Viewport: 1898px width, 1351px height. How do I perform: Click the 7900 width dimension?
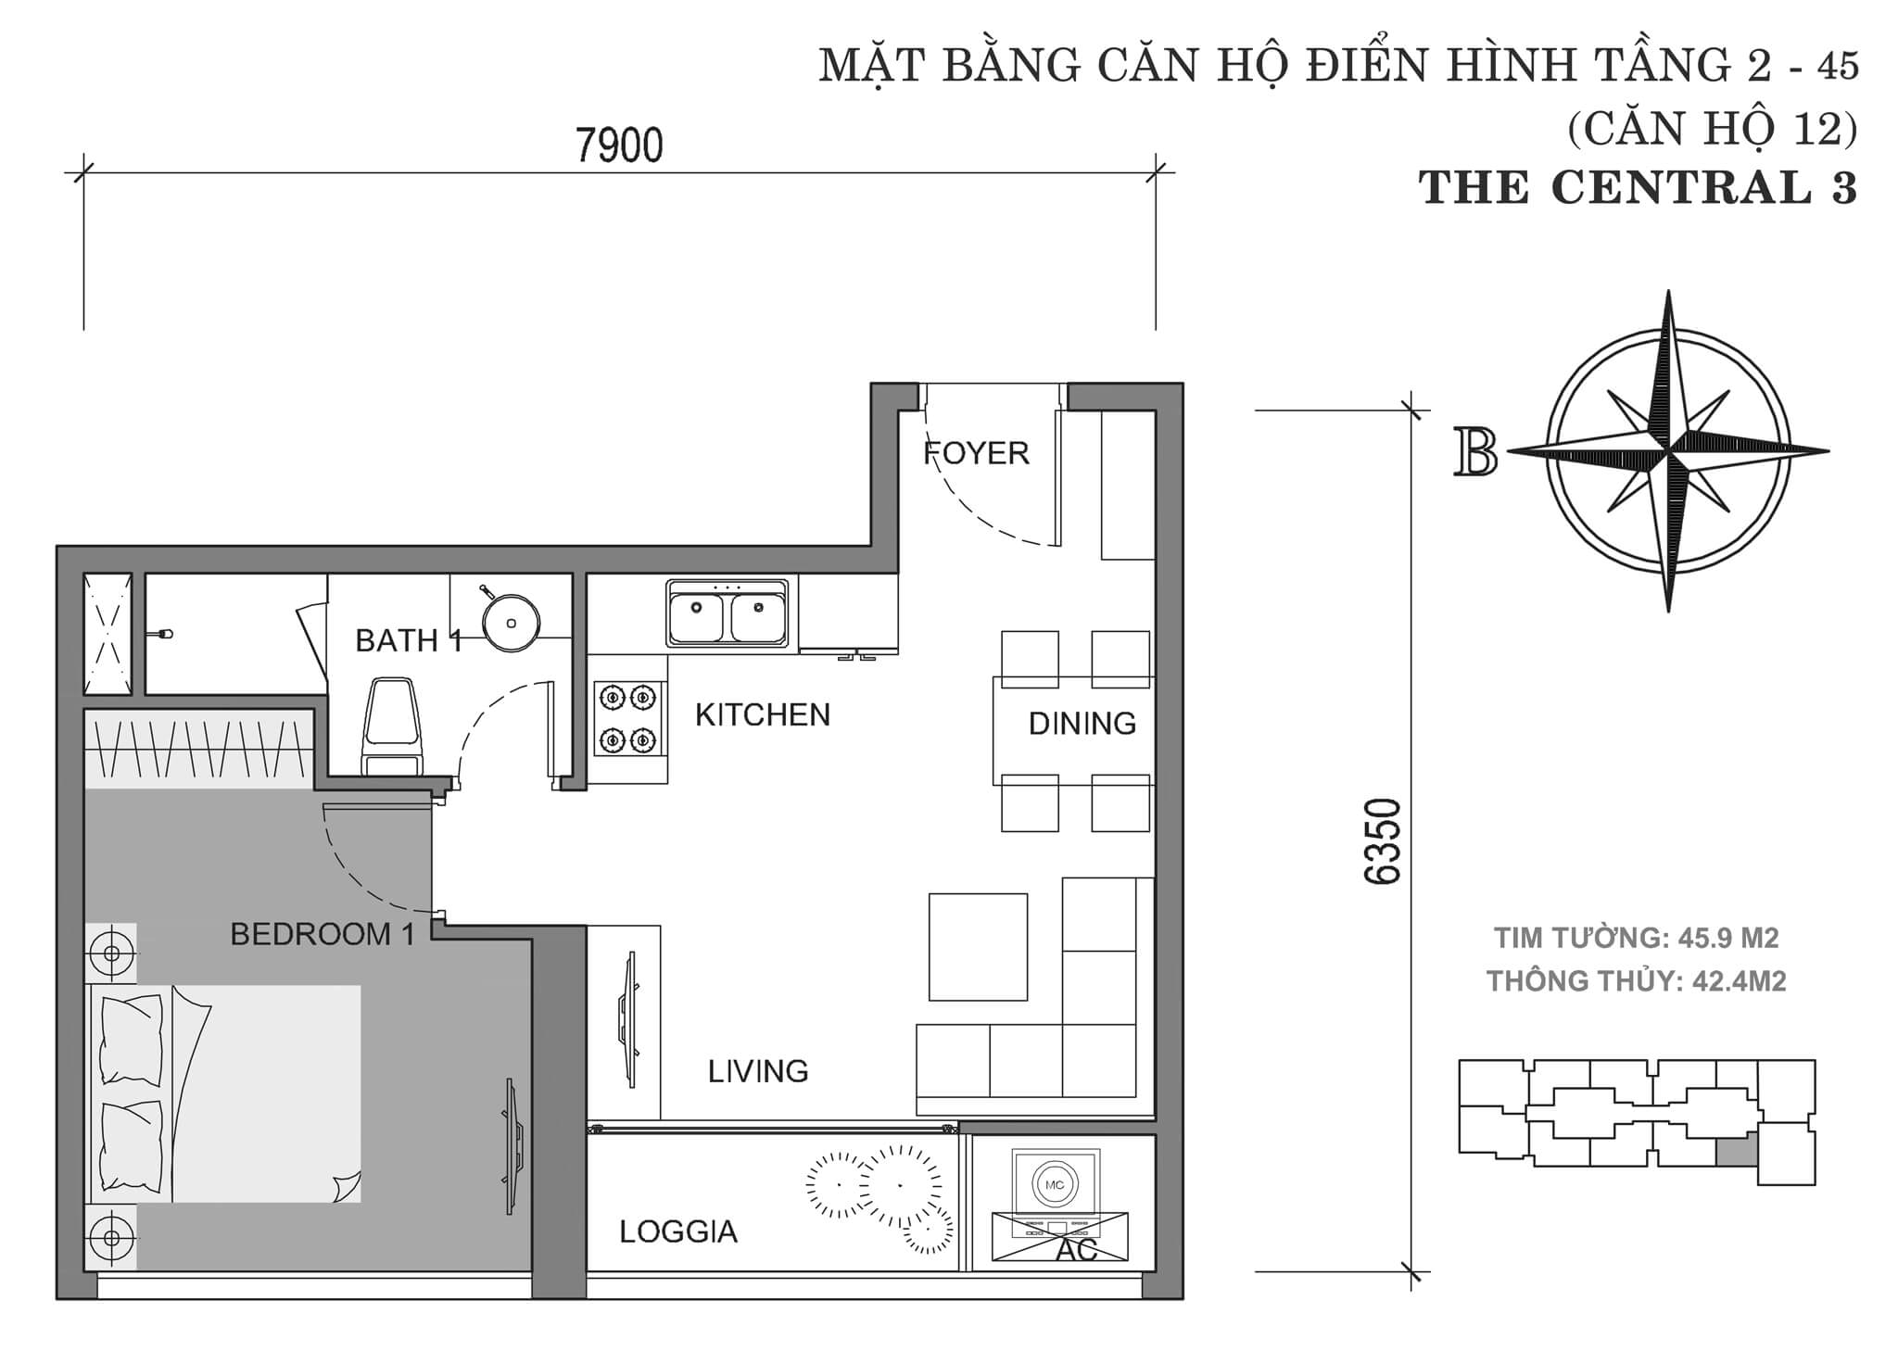point(619,146)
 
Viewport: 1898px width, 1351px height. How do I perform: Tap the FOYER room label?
point(976,453)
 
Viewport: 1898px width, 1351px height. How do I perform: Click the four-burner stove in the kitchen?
point(627,717)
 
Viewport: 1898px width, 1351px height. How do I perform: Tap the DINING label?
point(1082,723)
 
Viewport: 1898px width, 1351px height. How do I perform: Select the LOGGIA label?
point(677,1231)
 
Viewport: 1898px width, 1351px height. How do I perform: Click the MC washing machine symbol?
point(1055,1185)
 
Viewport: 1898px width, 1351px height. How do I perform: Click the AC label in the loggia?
point(1076,1250)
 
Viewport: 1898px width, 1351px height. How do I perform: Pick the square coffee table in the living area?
point(978,946)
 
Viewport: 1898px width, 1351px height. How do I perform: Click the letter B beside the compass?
point(1476,452)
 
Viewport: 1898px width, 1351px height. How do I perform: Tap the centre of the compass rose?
point(1668,451)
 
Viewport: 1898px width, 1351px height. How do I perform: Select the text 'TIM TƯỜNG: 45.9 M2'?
point(1636,938)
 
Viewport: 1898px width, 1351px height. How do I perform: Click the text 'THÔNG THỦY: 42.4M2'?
point(1636,980)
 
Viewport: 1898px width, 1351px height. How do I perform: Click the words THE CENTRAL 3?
point(1638,188)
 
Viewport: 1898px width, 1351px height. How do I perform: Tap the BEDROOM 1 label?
point(322,934)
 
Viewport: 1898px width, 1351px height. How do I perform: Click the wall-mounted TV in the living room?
point(630,1019)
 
